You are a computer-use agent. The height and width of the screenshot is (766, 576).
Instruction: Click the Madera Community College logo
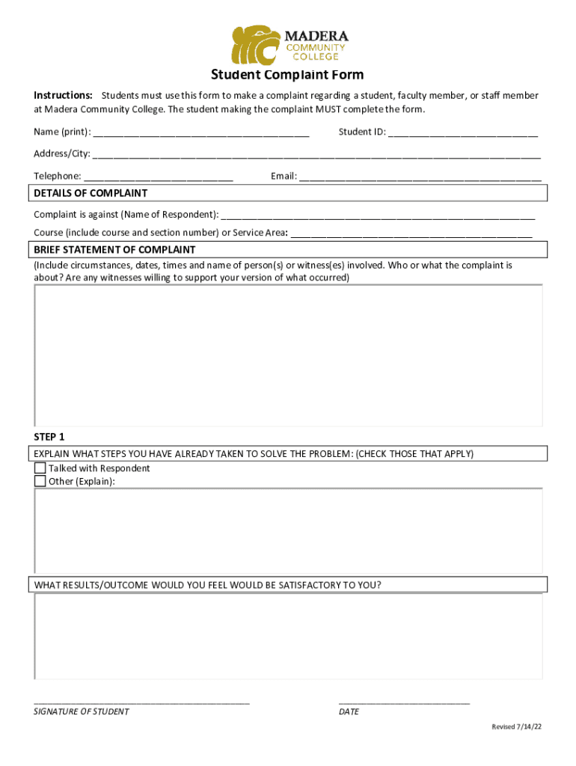click(289, 45)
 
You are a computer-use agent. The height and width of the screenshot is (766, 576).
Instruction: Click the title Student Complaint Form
click(287, 75)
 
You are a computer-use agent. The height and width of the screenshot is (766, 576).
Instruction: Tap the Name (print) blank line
click(201, 134)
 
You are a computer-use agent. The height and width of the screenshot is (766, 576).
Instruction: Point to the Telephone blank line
click(159, 178)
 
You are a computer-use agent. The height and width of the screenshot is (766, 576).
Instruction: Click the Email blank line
click(420, 178)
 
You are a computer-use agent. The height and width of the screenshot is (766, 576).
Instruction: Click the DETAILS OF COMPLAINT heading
click(91, 194)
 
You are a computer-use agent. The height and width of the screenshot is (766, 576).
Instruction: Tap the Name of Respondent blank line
click(378, 216)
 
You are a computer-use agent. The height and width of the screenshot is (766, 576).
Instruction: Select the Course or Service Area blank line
click(411, 234)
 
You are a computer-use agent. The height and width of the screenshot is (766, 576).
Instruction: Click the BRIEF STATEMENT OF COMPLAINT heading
click(114, 250)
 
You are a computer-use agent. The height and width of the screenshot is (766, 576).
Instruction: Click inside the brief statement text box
click(288, 355)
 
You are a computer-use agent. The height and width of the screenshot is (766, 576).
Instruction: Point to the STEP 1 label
click(49, 437)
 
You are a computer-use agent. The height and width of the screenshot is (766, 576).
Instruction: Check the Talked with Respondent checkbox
click(40, 468)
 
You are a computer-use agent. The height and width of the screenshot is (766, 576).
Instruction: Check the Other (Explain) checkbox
click(40, 481)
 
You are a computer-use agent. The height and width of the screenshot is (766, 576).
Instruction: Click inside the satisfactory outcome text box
click(288, 636)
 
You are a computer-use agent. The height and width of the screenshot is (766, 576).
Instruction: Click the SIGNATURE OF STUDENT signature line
click(141, 702)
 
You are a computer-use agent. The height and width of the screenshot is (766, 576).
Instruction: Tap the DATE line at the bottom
click(404, 702)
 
